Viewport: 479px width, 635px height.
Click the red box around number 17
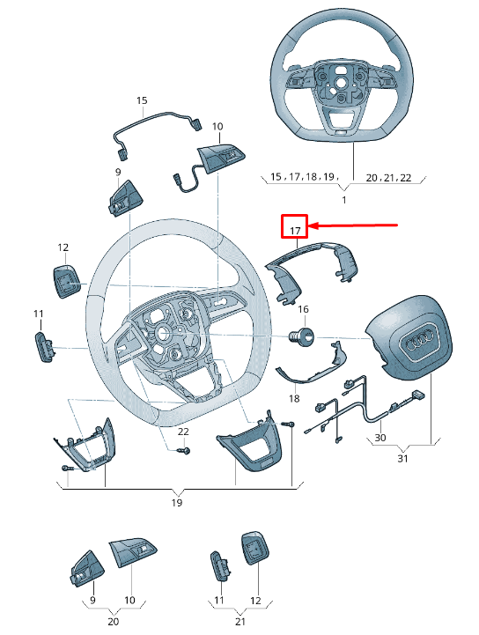click(293, 227)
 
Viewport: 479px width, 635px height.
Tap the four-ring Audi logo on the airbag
click(420, 345)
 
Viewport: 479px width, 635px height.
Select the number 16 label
click(303, 309)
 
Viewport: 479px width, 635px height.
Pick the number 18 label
click(294, 399)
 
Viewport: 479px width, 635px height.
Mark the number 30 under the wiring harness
click(380, 437)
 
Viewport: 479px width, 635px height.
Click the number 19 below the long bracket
click(176, 502)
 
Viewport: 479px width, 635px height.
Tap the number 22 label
click(183, 432)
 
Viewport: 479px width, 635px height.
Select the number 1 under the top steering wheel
click(343, 200)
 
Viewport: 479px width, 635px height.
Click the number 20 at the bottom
click(113, 621)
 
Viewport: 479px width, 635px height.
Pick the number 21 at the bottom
click(239, 621)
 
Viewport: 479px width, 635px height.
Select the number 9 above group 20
click(93, 601)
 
